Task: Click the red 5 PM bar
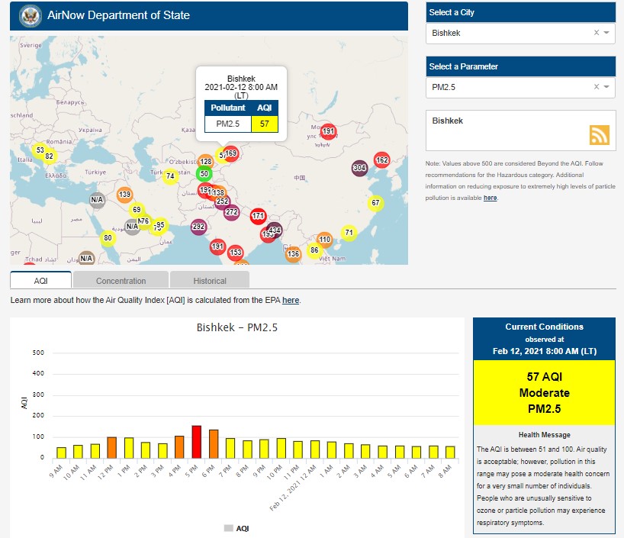pyautogui.click(x=196, y=441)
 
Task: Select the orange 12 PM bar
pyautogui.click(x=111, y=447)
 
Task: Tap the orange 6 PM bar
pyautogui.click(x=214, y=443)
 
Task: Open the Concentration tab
pyautogui.click(x=121, y=281)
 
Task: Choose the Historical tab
pyautogui.click(x=210, y=281)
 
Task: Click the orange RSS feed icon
pyautogui.click(x=600, y=135)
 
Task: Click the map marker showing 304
pyautogui.click(x=359, y=168)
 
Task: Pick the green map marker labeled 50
pyautogui.click(x=204, y=173)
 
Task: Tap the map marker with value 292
pyautogui.click(x=198, y=227)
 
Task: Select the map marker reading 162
pyautogui.click(x=381, y=160)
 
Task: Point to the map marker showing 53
pyautogui.click(x=40, y=150)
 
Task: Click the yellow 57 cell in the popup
pyautogui.click(x=264, y=123)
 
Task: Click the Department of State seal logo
pyautogui.click(x=31, y=15)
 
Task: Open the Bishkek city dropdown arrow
pyautogui.click(x=606, y=34)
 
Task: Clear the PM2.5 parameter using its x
pyautogui.click(x=597, y=87)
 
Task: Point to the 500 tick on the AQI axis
pyautogui.click(x=38, y=353)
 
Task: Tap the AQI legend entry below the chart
pyautogui.click(x=236, y=527)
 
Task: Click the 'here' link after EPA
pyautogui.click(x=291, y=301)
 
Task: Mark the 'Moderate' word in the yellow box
pyautogui.click(x=544, y=393)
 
